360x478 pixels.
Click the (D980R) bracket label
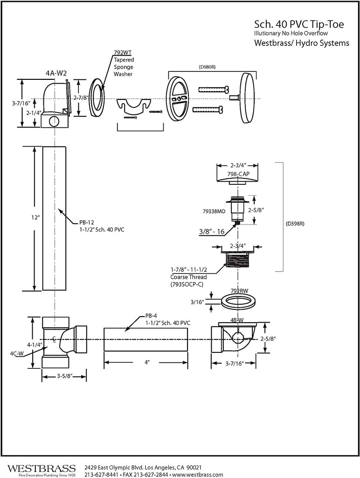tap(207, 67)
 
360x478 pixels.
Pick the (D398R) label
tap(296, 223)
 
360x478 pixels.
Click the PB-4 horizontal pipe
tap(145, 339)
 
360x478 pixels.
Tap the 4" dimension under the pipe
tap(146, 363)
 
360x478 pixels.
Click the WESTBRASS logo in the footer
tap(42, 468)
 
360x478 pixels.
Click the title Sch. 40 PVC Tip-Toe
tap(299, 24)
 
